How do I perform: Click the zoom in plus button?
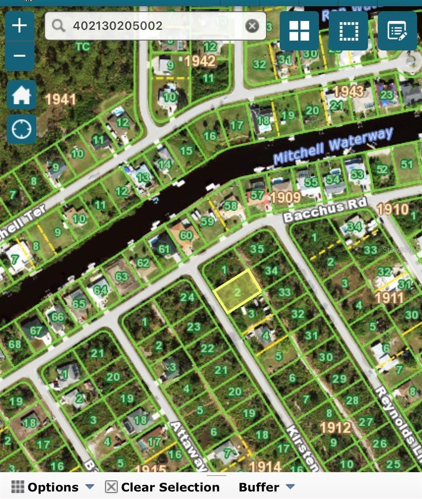click(20, 26)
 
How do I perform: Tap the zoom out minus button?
click(20, 56)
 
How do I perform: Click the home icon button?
click(22, 95)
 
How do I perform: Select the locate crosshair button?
click(22, 129)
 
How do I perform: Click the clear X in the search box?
click(252, 26)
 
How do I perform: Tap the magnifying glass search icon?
click(59, 26)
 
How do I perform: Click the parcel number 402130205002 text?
click(118, 26)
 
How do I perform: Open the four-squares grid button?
click(299, 31)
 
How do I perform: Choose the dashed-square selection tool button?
click(348, 31)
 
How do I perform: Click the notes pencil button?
click(397, 31)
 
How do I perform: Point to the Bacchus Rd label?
click(325, 210)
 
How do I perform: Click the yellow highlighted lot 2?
click(237, 291)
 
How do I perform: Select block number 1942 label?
click(200, 62)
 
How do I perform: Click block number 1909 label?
click(286, 197)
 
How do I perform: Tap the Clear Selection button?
click(163, 487)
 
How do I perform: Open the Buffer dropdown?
click(266, 487)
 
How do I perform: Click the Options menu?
click(53, 487)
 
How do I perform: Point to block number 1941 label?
click(60, 99)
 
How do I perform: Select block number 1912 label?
click(336, 427)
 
